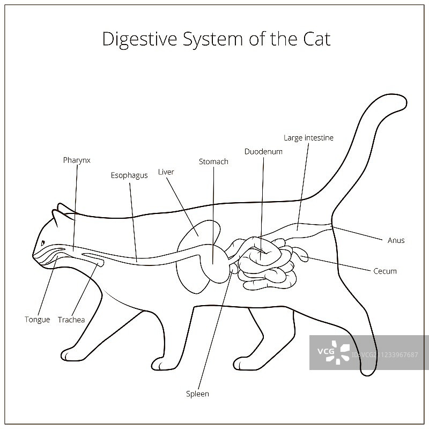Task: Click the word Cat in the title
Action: point(315,39)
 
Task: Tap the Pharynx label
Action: point(77,160)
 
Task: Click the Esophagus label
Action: point(129,175)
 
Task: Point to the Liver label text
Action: point(166,172)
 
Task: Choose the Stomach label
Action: point(213,161)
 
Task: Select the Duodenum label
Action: point(263,152)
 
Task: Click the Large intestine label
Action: point(308,138)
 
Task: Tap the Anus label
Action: point(396,240)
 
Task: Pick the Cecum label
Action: point(384,271)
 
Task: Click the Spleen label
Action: point(197,394)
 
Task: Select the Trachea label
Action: point(71,320)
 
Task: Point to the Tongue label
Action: point(38,320)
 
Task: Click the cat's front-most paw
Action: point(70,355)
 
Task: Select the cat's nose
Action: point(34,254)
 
